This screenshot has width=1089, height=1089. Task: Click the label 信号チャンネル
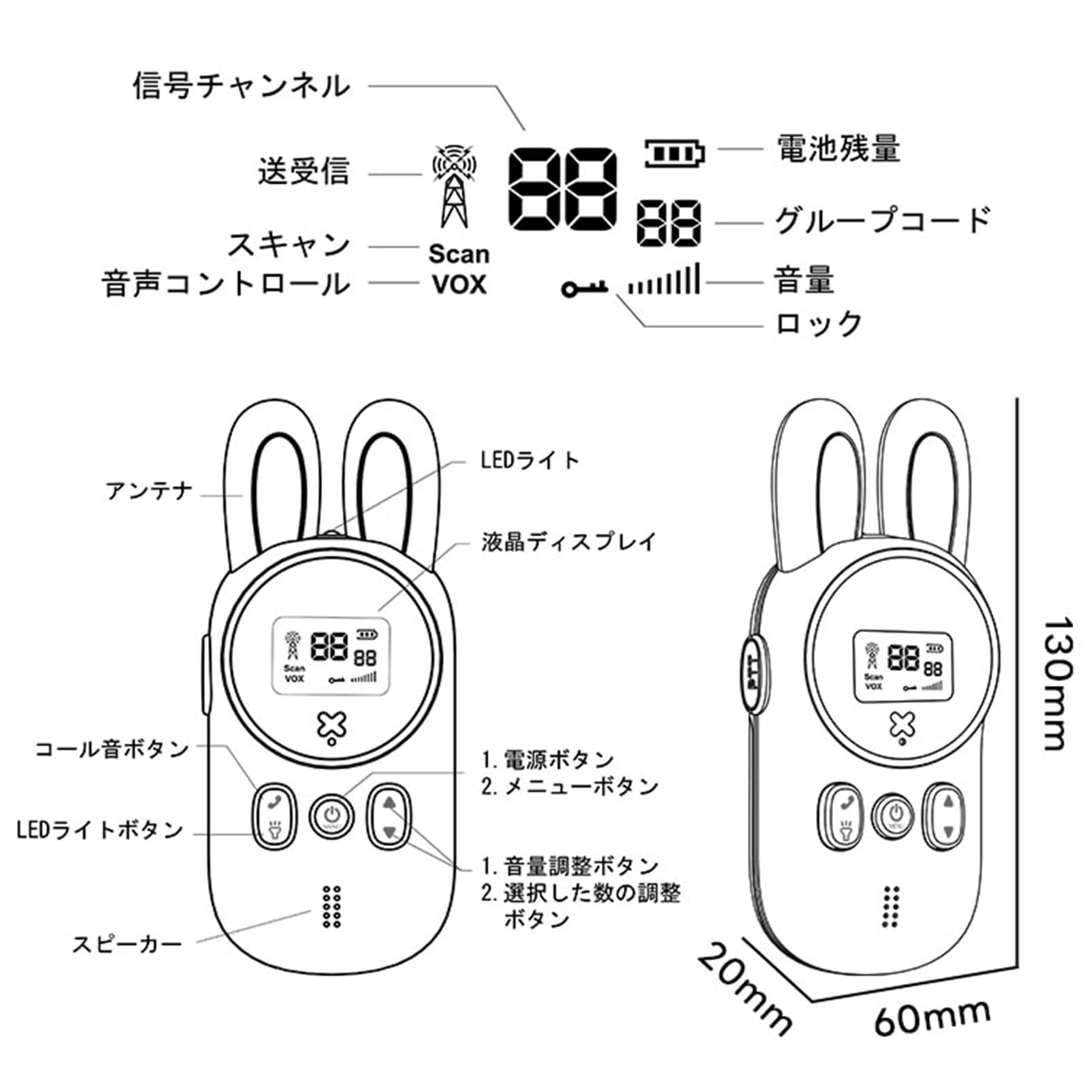(x=242, y=86)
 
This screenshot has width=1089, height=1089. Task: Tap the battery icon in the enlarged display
(x=674, y=154)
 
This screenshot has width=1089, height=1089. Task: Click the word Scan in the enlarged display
(x=459, y=254)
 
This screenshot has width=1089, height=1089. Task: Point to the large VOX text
(x=459, y=285)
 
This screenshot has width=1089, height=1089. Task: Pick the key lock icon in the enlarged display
(x=584, y=288)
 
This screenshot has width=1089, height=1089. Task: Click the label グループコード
(x=882, y=221)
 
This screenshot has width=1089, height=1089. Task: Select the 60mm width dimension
(x=932, y=1018)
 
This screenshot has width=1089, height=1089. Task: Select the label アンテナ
(x=150, y=491)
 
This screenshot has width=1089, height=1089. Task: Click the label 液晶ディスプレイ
(x=568, y=542)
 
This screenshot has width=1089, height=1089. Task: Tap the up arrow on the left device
(x=389, y=802)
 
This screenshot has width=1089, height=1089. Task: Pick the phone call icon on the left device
(x=274, y=802)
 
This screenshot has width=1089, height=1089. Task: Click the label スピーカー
(x=127, y=944)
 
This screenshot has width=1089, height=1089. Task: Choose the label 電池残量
(x=839, y=148)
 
